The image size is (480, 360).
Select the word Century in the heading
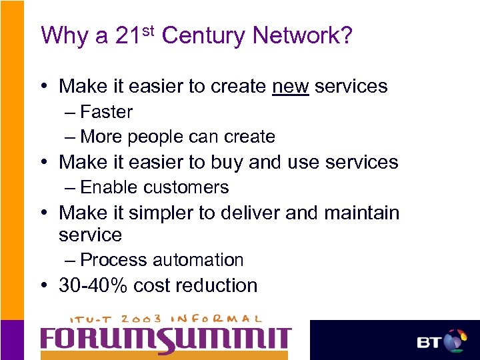tap(204, 35)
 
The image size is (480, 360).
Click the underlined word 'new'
tap(291, 86)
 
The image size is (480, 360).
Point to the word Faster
tap(106, 112)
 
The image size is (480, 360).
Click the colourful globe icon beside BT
tap(455, 341)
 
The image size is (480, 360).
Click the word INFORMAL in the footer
tap(221, 319)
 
